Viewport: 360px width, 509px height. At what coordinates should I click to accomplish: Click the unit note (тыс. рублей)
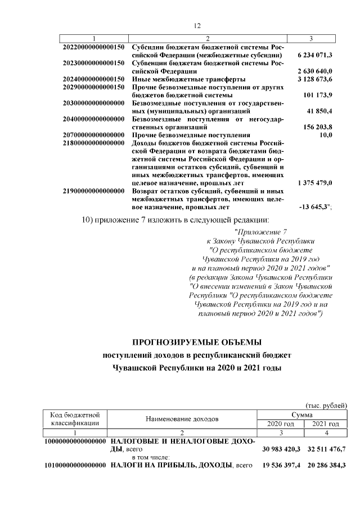point(326,406)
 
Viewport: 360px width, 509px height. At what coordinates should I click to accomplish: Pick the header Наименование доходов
point(183,419)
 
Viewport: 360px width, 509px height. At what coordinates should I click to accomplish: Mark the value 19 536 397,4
point(281,466)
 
